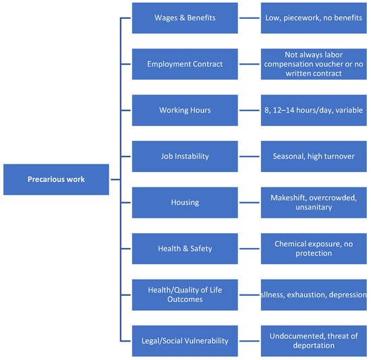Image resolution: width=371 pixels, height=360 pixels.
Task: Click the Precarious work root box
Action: point(56,179)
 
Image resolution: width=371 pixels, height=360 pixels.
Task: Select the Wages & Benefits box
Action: point(185,18)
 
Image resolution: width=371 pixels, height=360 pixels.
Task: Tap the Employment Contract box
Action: point(185,64)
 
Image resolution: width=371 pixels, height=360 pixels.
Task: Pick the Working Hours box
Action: point(185,110)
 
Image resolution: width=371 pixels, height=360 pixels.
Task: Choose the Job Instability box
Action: point(185,156)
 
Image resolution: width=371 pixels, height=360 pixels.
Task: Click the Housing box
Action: point(185,202)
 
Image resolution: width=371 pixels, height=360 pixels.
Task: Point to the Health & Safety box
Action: point(185,249)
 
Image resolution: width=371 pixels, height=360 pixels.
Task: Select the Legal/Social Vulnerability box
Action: point(185,341)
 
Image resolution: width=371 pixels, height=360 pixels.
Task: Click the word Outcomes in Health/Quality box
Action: point(185,299)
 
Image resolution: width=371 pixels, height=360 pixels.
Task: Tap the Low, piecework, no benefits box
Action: point(314,18)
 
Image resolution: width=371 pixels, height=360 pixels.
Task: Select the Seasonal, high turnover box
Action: point(314,156)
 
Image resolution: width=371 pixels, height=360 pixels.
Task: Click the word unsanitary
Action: point(314,207)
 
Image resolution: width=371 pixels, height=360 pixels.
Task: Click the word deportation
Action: point(314,346)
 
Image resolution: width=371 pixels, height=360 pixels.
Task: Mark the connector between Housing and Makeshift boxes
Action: point(250,202)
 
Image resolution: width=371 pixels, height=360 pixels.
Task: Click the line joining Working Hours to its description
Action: point(250,110)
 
